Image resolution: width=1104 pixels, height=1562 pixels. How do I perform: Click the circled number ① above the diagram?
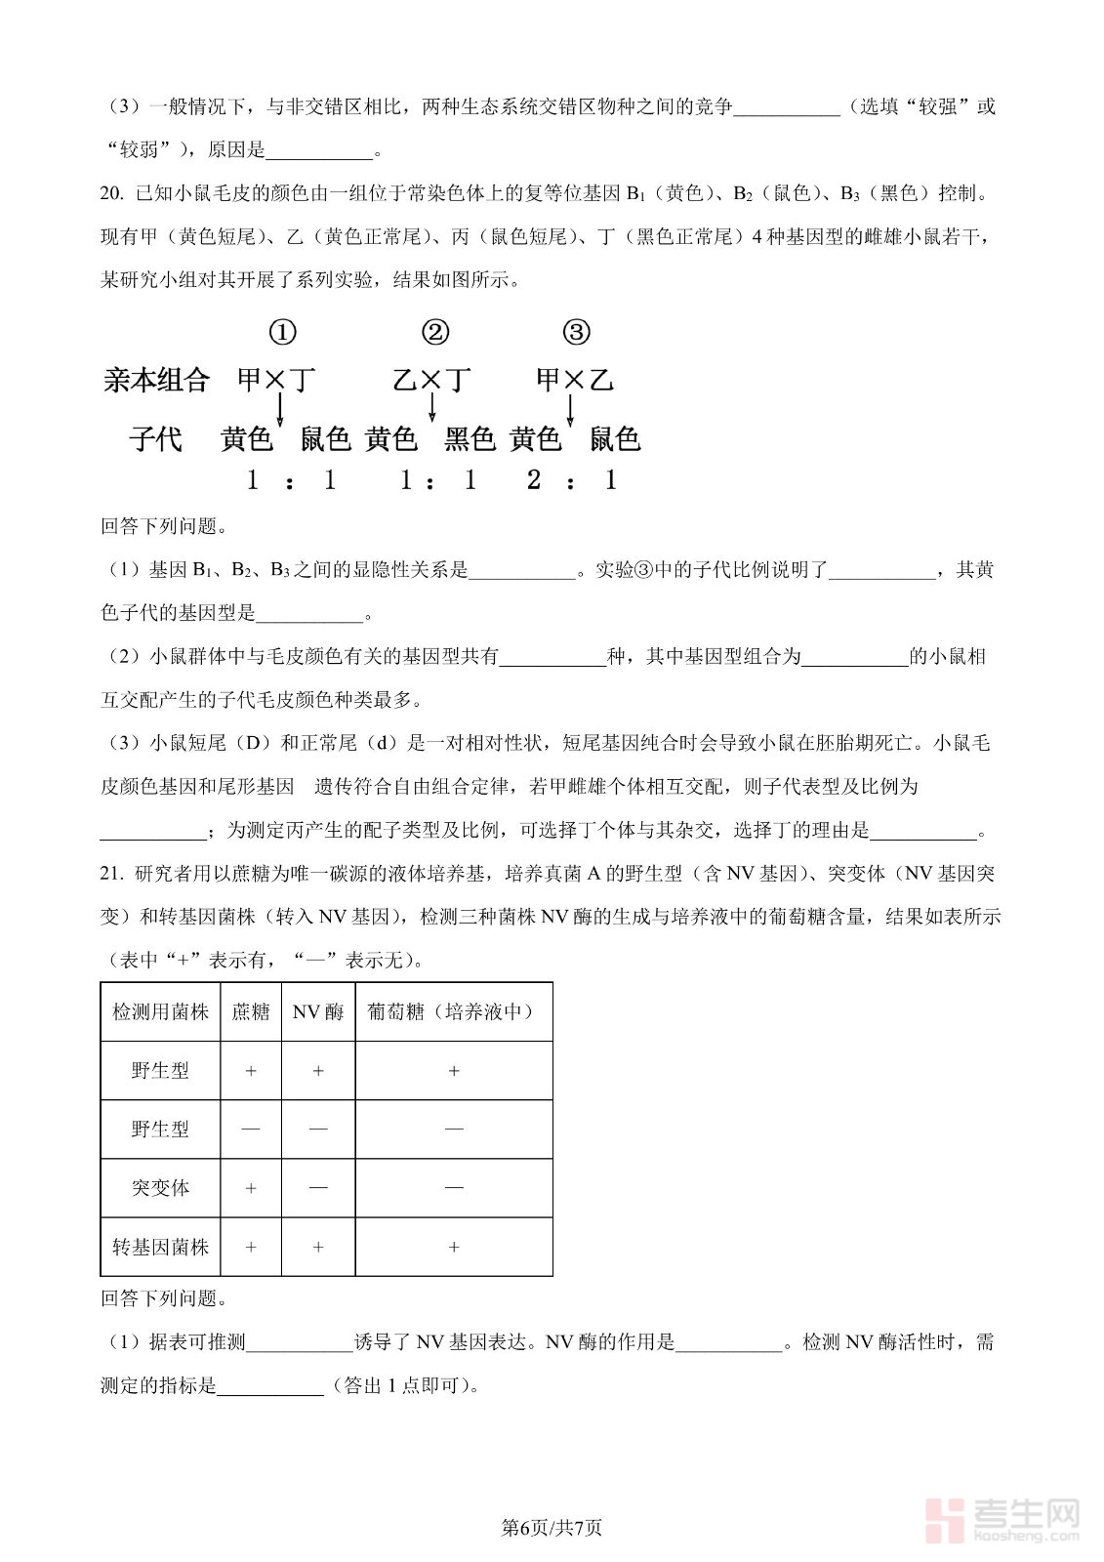(x=282, y=333)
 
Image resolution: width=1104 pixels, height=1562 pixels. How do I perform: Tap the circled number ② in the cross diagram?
(x=435, y=333)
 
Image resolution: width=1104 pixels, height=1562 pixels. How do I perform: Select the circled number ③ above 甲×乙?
(x=577, y=333)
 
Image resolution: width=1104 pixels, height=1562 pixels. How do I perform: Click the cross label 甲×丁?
(x=277, y=380)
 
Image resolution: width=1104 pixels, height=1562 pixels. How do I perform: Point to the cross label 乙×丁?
(x=431, y=380)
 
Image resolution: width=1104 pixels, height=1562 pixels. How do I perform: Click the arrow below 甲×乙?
(x=573, y=408)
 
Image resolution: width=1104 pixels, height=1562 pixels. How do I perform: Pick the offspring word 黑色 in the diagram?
(x=470, y=440)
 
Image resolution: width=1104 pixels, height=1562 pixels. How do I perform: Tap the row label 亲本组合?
(x=156, y=380)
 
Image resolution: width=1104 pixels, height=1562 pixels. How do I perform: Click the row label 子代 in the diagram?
(x=156, y=439)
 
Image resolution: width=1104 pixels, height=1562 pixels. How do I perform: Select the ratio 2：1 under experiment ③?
(x=572, y=480)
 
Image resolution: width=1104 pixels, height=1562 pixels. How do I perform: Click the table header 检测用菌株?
(x=160, y=1012)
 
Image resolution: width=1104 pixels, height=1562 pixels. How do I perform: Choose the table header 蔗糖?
(x=251, y=1012)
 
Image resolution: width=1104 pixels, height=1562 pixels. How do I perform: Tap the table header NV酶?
(x=318, y=1012)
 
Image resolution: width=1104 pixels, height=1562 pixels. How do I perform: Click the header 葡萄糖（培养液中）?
(x=453, y=1012)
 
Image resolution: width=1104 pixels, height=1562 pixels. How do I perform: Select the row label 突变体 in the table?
(x=160, y=1188)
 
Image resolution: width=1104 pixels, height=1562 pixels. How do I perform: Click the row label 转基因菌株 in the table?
(x=160, y=1247)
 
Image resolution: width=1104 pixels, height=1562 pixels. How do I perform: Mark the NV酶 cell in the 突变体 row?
(x=318, y=1188)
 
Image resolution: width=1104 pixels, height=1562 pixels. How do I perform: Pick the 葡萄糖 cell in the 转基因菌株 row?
(x=453, y=1247)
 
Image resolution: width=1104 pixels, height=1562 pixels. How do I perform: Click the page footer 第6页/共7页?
(x=552, y=1527)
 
